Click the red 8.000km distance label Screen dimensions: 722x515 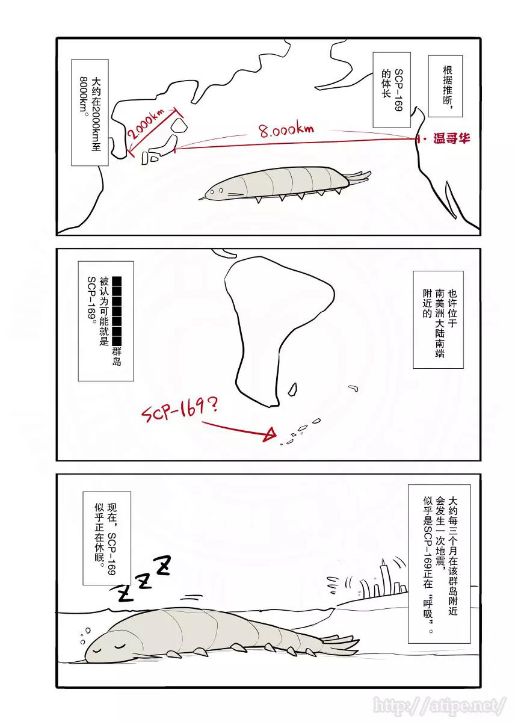click(287, 129)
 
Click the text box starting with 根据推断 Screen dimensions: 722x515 click(446, 84)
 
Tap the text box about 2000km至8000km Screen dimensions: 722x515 click(90, 112)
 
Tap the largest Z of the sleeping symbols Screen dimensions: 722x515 click(162, 565)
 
